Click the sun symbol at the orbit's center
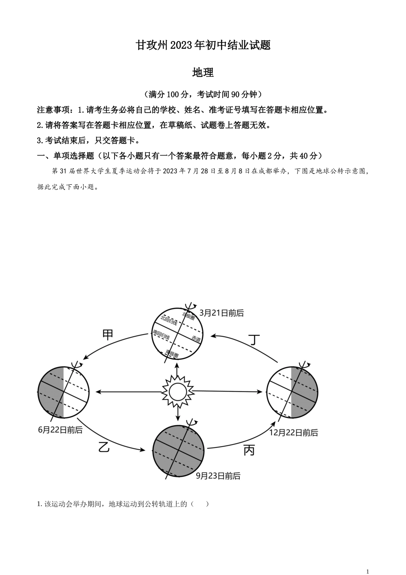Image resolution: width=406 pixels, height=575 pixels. click(177, 391)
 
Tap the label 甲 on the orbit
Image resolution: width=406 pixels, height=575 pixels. click(108, 334)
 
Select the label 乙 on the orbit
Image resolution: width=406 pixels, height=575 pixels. click(104, 447)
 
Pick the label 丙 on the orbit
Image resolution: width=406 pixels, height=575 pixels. click(249, 450)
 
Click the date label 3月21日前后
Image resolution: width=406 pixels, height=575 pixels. click(221, 313)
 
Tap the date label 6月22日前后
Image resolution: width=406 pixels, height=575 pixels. click(60, 430)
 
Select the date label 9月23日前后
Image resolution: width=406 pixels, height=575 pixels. click(218, 476)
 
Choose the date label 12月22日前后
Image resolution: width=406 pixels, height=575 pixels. click(294, 433)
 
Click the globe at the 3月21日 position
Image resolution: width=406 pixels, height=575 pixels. click(177, 334)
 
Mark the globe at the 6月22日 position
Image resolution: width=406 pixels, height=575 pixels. click(63, 392)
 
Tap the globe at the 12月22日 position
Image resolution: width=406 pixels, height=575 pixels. click(292, 392)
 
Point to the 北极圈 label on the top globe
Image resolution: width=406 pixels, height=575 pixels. click(188, 317)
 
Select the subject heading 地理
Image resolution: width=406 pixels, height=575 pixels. click(203, 72)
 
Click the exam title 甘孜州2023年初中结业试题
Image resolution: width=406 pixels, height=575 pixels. click(203, 45)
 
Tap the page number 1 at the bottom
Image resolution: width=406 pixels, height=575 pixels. click(368, 571)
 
